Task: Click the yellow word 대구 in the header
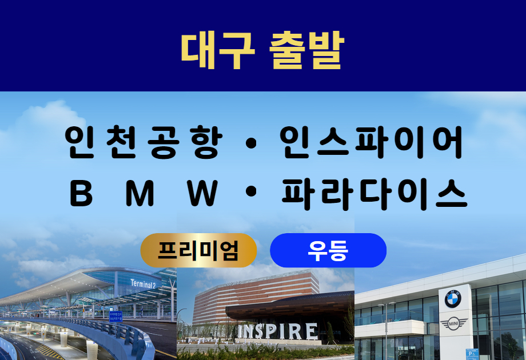218,50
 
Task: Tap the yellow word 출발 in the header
306,50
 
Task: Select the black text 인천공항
144,142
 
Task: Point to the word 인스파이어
371,142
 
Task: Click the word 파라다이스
374,194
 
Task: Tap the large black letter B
81,193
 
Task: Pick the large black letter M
140,193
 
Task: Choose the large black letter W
202,193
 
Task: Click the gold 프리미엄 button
198,250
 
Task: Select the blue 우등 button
328,250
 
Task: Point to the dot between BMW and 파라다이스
251,192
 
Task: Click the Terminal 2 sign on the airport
144,284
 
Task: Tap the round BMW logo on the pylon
453,299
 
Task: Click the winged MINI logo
453,324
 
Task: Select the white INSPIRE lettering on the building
277,332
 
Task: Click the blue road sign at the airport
115,317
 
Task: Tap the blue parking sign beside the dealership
472,354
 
